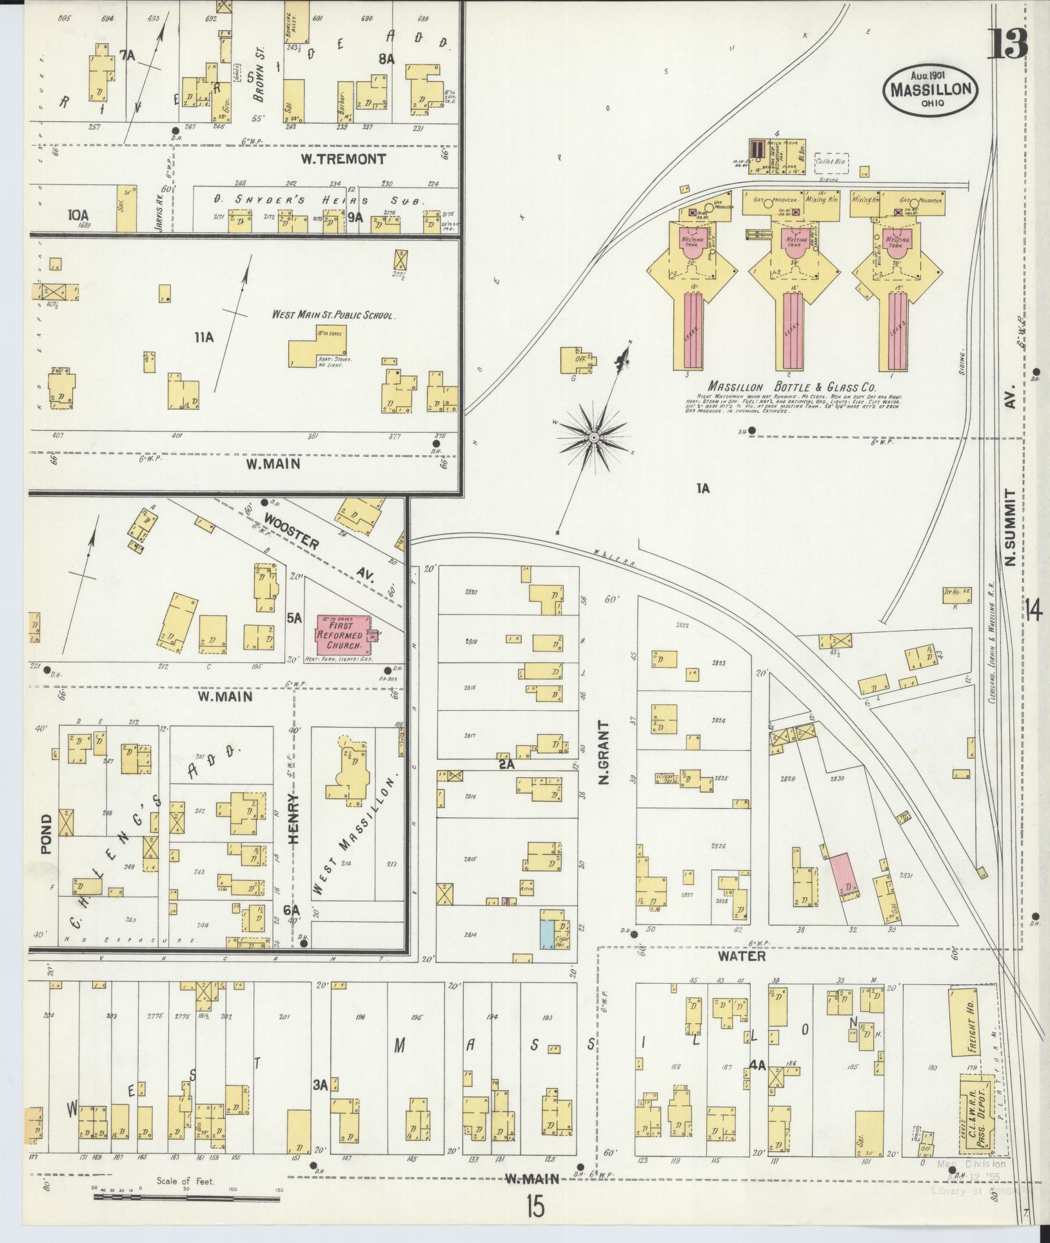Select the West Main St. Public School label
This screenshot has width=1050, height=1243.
point(333,315)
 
